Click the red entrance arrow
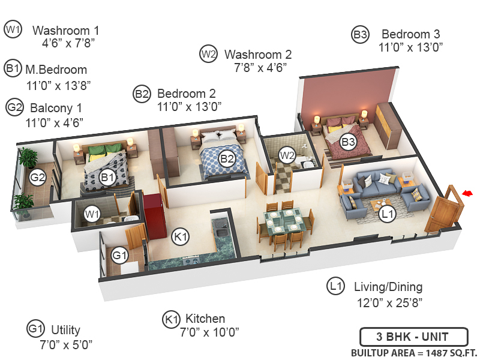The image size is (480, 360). tap(468, 193)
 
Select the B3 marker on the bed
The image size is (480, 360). tap(348, 142)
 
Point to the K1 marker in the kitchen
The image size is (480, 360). tap(181, 237)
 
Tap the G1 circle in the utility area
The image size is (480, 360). tap(120, 256)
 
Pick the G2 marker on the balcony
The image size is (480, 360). tap(38, 178)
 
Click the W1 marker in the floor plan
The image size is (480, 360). tap(92, 213)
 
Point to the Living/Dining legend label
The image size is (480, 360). tap(388, 287)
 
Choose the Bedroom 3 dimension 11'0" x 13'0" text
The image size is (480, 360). tap(410, 48)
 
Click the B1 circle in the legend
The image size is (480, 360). tap(13, 68)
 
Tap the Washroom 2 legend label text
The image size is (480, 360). tap(258, 55)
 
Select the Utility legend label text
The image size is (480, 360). tap(65, 330)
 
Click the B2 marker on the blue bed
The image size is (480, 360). tap(226, 158)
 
